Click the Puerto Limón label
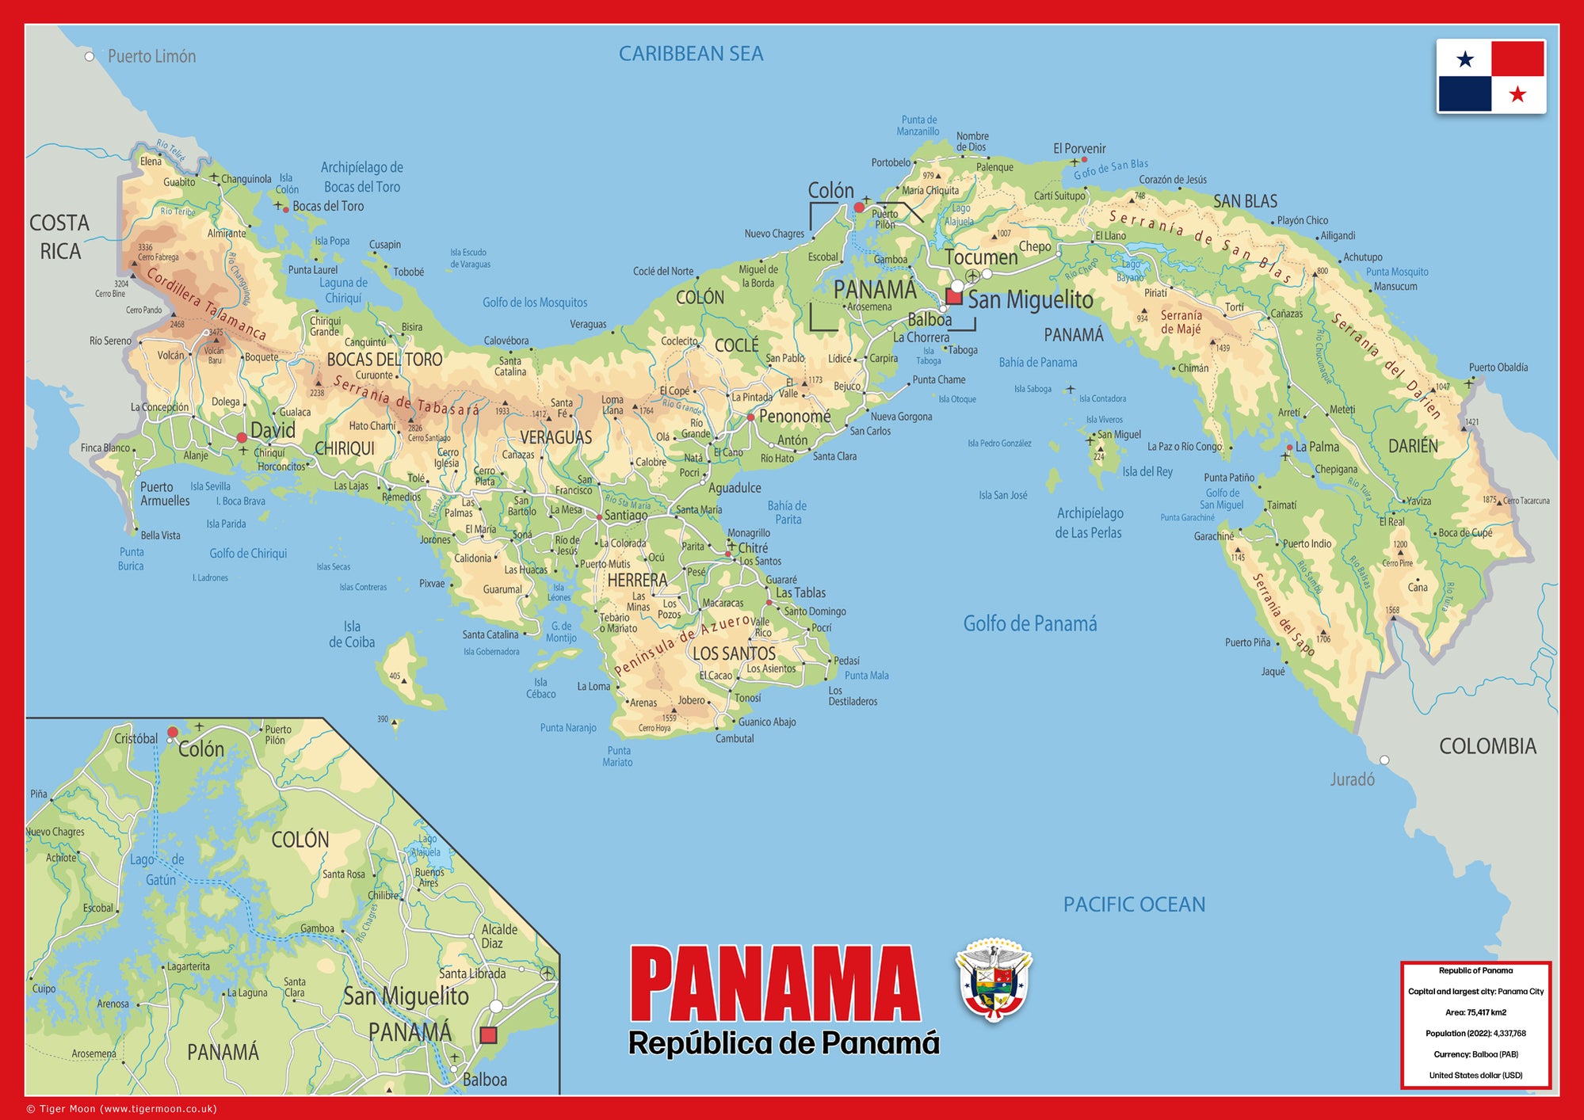click(x=151, y=56)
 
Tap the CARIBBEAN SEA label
click(x=690, y=54)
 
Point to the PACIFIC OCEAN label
click(x=1134, y=905)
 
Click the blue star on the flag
click(x=1465, y=59)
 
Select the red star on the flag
click(x=1517, y=95)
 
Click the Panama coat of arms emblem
click(x=994, y=981)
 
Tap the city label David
click(x=273, y=431)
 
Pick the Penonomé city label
click(x=795, y=417)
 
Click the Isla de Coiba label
click(x=352, y=634)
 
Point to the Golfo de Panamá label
click(x=1030, y=624)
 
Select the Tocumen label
click(x=981, y=257)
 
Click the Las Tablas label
click(x=800, y=592)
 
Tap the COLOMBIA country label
click(x=1487, y=746)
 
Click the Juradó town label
click(x=1352, y=779)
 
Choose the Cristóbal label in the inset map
click(x=135, y=738)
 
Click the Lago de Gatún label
click(x=158, y=870)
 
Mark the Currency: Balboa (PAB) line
click(x=1475, y=1054)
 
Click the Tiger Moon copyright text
click(x=121, y=1109)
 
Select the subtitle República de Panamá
click(x=784, y=1043)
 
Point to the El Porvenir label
click(x=1079, y=149)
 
